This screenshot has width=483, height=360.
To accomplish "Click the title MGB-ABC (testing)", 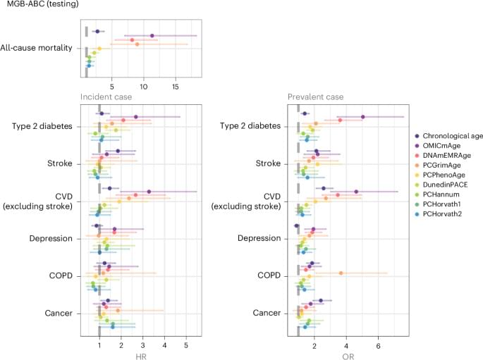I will click(x=37, y=6).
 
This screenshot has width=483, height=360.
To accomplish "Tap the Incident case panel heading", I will click(x=104, y=95).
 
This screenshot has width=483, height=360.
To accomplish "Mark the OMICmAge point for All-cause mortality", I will click(x=152, y=35).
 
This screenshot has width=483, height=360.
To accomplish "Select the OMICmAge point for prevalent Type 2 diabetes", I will click(x=362, y=117).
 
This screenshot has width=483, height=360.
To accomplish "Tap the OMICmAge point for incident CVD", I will click(x=149, y=191).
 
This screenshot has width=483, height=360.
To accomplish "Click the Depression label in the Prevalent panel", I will click(x=258, y=239).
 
